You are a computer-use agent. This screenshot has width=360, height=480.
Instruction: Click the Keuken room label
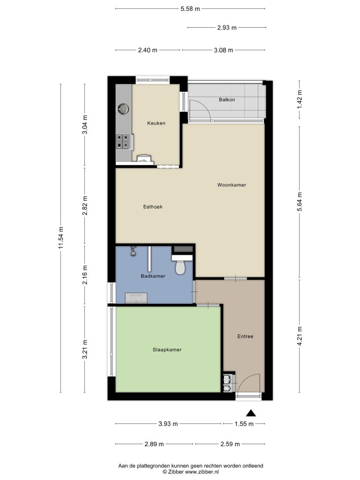156,123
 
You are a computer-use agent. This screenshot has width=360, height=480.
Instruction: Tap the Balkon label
227,99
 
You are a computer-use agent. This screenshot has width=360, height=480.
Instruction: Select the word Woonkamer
232,185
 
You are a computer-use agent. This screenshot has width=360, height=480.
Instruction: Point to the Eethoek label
153,207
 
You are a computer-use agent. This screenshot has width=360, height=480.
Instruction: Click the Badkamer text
153,276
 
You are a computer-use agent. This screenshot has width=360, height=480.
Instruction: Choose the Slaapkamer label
167,350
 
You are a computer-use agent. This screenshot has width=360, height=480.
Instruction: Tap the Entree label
245,336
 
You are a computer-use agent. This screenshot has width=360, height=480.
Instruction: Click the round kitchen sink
123,109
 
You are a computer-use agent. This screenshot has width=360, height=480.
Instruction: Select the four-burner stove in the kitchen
124,142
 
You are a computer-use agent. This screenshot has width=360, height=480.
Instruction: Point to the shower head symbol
133,251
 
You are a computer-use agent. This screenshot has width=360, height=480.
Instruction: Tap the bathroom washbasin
136,298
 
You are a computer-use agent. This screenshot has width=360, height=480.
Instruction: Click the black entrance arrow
251,413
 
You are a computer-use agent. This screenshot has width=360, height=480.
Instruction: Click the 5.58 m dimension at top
190,8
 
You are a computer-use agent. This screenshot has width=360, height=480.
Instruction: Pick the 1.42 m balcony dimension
300,99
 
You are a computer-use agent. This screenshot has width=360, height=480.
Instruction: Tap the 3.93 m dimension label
168,424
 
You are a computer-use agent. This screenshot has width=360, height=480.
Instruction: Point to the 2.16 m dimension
85,275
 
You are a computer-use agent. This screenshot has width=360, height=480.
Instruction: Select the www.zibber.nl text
202,472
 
